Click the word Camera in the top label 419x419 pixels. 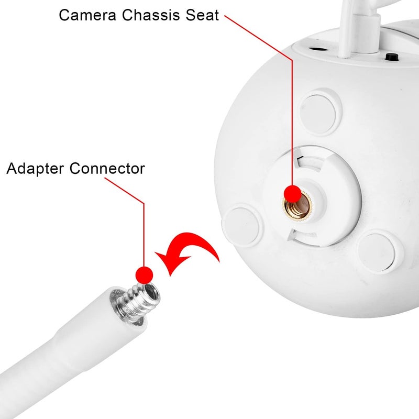[x=87, y=15]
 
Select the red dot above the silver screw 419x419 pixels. [x=144, y=273]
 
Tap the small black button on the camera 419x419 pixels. [x=390, y=57]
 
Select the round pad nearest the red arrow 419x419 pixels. [x=242, y=225]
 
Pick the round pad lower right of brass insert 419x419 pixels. [x=377, y=252]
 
